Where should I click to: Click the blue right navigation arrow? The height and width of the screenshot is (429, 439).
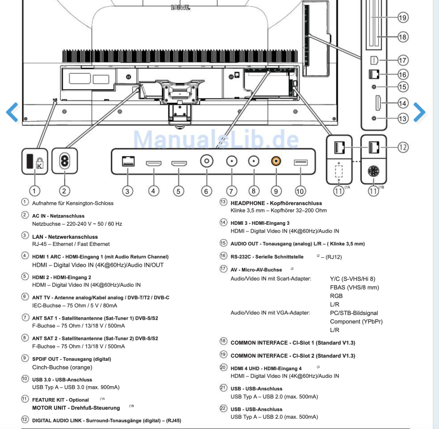pos(419,111)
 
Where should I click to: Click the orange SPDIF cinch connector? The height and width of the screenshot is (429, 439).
pos(275,161)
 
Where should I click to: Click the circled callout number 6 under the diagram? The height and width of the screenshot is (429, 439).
pos(206,190)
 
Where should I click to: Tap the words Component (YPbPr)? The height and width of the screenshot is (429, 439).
pos(356,321)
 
